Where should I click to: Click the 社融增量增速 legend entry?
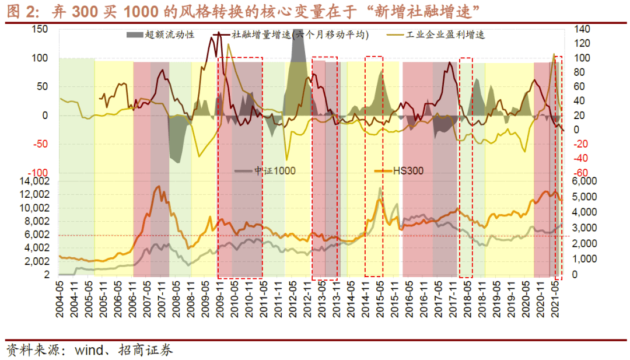tap(300, 35)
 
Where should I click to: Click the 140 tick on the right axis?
tap(583, 30)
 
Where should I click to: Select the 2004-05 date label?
tap(60, 300)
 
